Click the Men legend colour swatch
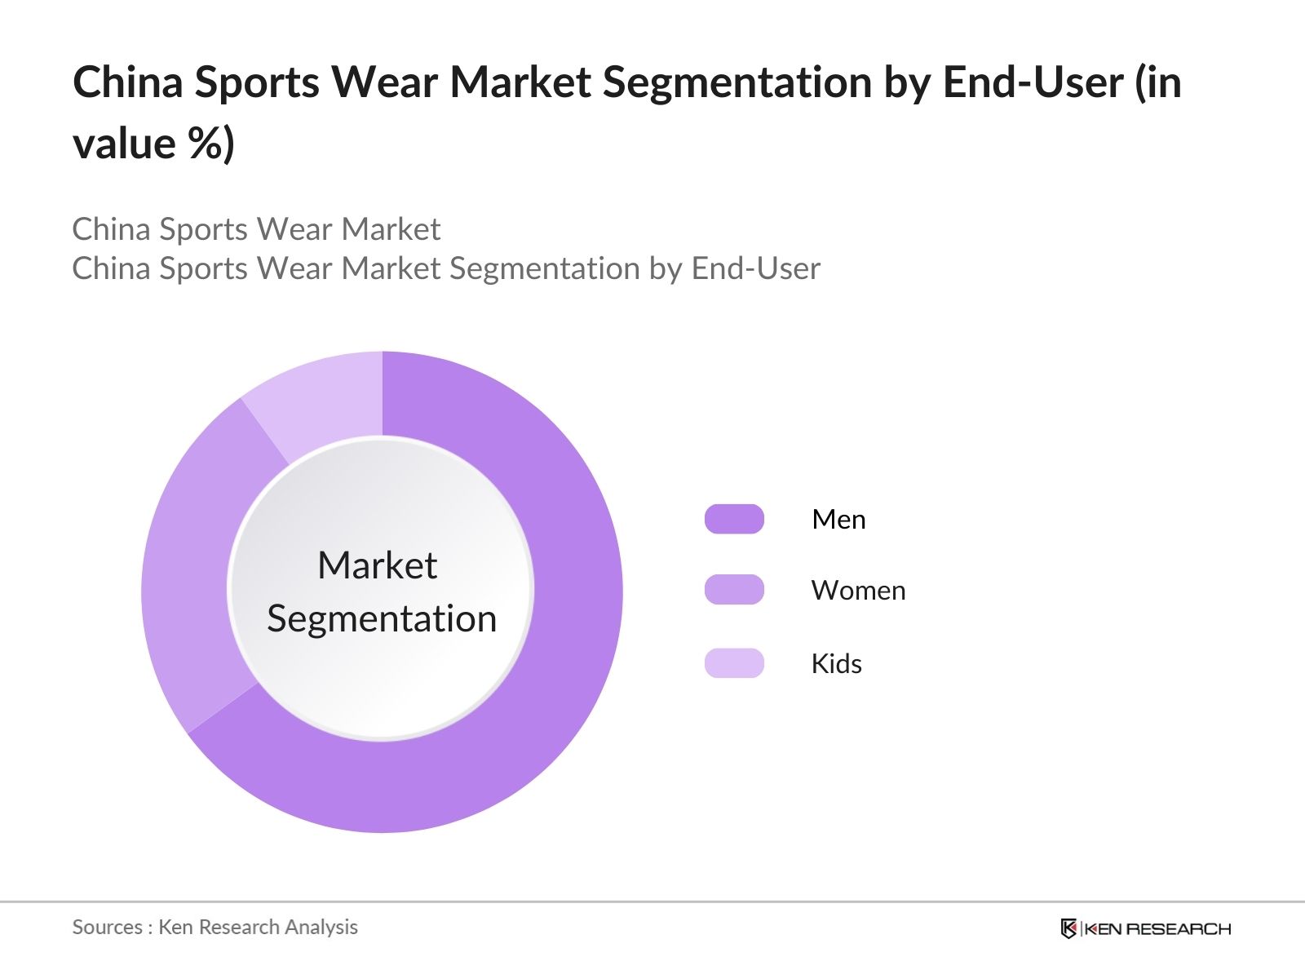(734, 519)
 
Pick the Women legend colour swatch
(734, 590)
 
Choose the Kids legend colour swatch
(734, 663)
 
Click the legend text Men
(838, 520)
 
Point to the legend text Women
(858, 591)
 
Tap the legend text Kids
(836, 664)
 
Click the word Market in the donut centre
(377, 565)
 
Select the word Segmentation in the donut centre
(382, 618)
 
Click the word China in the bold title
(128, 82)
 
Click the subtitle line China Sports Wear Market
(256, 229)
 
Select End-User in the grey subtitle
(755, 268)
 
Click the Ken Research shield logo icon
(1068, 928)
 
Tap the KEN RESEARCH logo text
(1158, 928)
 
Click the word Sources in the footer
(107, 927)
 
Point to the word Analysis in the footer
(326, 927)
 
